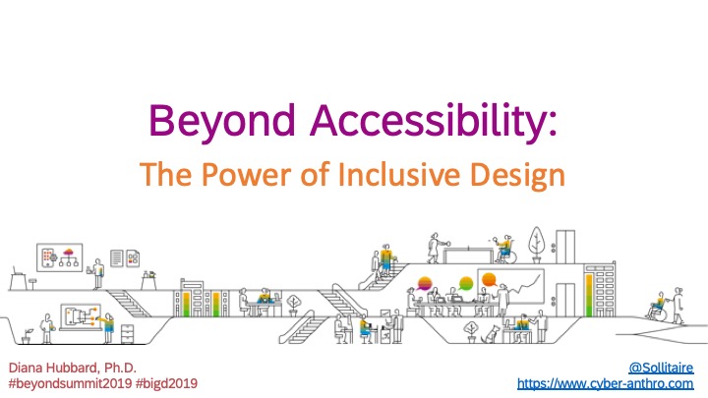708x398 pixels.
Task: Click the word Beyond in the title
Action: click(221, 122)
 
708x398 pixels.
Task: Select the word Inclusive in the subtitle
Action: click(398, 173)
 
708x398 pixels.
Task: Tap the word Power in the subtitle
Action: click(246, 174)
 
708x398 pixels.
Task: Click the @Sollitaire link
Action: click(661, 368)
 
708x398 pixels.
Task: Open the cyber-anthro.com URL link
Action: click(605, 384)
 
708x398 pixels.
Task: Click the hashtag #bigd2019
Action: click(166, 384)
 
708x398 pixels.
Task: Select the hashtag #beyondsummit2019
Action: click(70, 384)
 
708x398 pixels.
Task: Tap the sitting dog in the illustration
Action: click(491, 334)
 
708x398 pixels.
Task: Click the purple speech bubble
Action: click(425, 284)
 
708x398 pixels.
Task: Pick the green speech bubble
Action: click(465, 284)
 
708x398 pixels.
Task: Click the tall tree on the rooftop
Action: click(537, 244)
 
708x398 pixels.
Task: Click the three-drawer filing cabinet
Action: click(127, 334)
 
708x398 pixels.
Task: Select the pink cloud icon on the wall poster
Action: click(69, 252)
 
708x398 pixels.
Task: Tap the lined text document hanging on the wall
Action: click(116, 258)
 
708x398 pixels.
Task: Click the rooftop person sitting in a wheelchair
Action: click(505, 250)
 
